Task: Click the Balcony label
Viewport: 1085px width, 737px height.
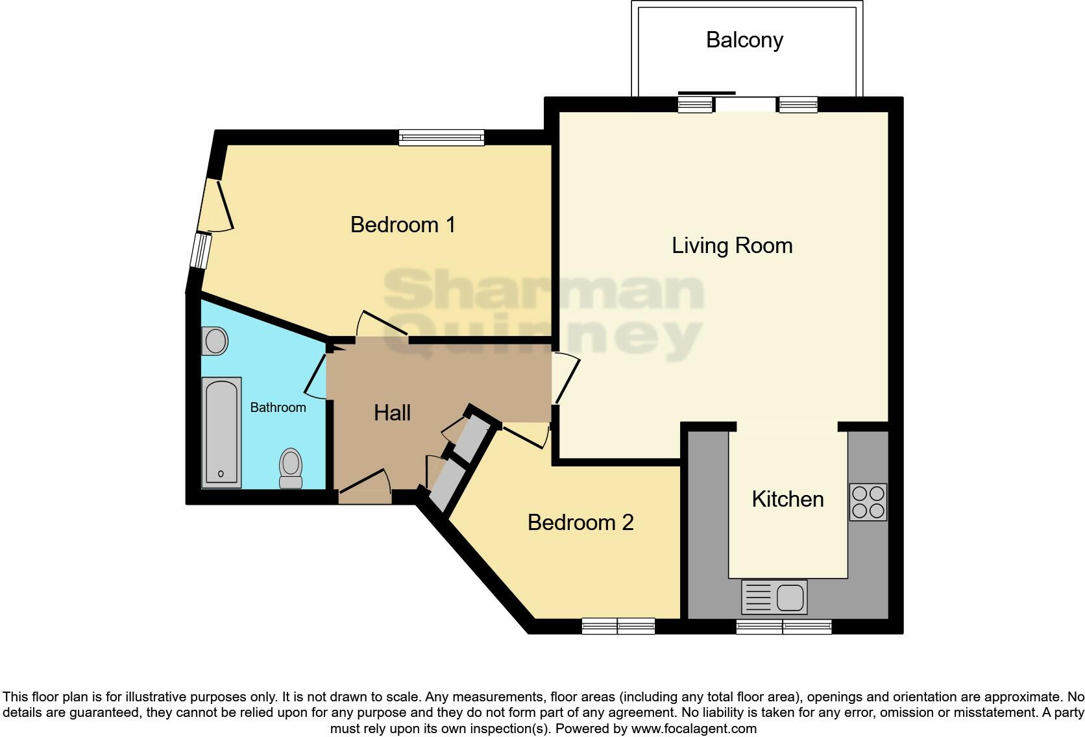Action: click(744, 40)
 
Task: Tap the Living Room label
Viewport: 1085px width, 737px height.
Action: click(731, 246)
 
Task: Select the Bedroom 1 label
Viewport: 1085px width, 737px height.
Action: click(402, 225)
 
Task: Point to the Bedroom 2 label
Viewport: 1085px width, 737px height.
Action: click(580, 523)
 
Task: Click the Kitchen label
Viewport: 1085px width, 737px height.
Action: click(787, 500)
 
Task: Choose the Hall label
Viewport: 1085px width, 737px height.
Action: click(392, 413)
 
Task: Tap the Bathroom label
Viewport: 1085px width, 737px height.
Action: click(278, 407)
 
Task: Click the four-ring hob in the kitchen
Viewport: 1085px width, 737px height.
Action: click(868, 502)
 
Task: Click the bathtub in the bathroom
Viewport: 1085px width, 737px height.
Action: click(221, 432)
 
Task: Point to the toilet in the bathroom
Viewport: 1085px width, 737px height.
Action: click(291, 468)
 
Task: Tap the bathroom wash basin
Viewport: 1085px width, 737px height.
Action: click(214, 341)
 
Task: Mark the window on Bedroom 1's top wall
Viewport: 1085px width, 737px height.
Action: click(441, 137)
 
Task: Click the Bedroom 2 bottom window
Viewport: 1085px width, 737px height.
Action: click(618, 626)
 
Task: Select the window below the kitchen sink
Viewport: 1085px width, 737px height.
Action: click(783, 627)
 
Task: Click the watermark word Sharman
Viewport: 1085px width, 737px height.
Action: click(543, 291)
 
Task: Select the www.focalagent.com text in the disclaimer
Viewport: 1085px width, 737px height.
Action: click(694, 729)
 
